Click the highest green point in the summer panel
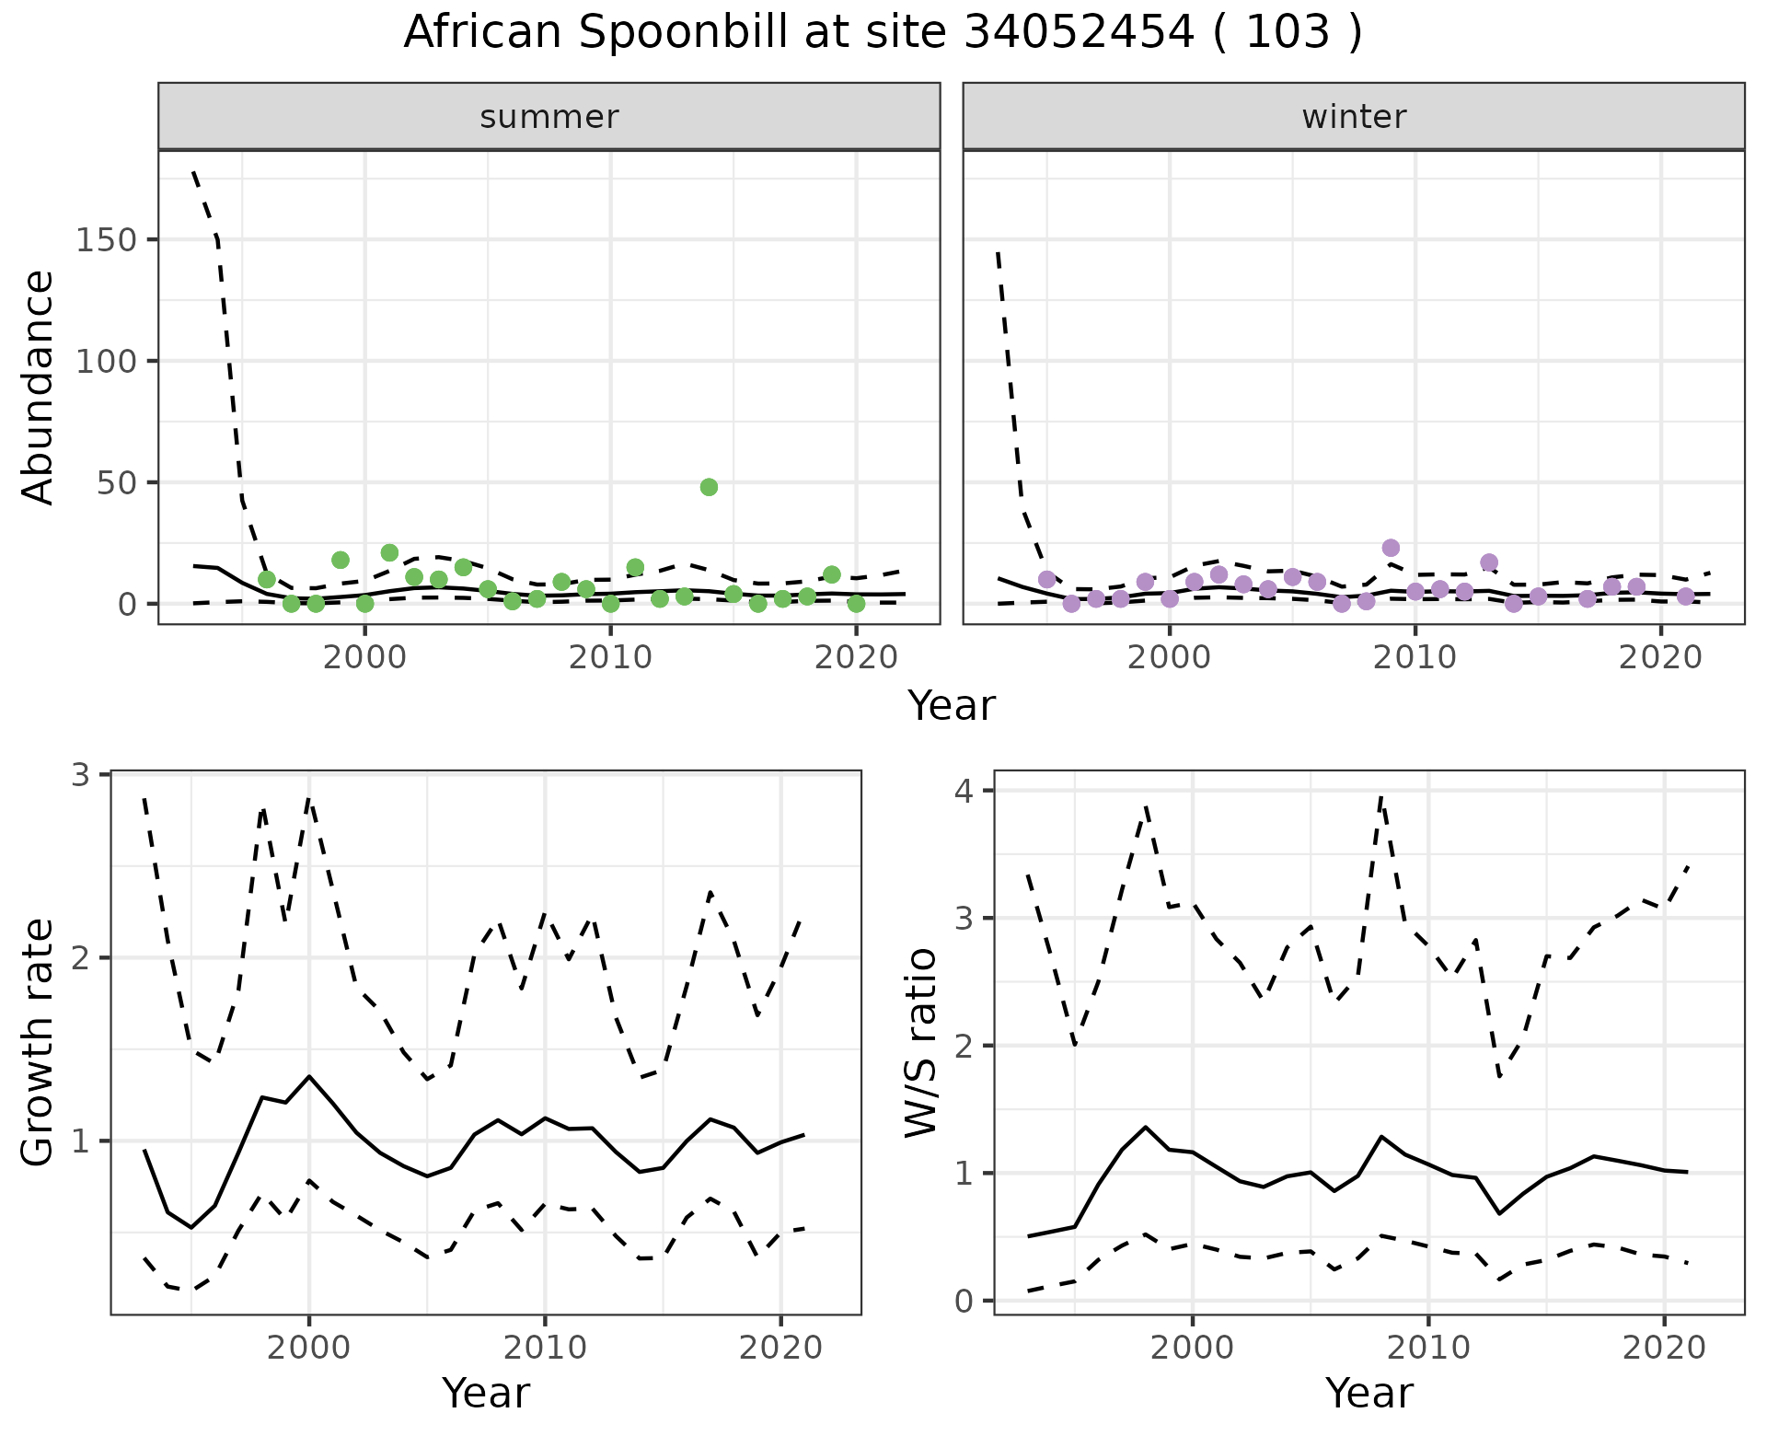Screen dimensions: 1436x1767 tap(709, 487)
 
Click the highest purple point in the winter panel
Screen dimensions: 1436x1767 tap(1391, 548)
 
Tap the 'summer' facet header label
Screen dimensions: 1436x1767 tap(549, 117)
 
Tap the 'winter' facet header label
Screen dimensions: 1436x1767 tap(1354, 117)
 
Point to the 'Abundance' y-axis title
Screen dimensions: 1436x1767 tap(39, 387)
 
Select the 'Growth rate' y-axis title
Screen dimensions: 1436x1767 tap(39, 1043)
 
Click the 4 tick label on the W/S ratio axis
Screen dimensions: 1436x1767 tap(974, 791)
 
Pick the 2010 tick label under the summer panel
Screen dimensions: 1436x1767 tap(610, 658)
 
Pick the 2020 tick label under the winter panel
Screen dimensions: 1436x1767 tap(1661, 658)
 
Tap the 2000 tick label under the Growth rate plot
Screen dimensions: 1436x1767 tap(308, 1349)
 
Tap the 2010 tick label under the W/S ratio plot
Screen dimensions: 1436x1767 tap(1427, 1349)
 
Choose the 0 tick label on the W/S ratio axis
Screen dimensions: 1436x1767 tap(974, 1301)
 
